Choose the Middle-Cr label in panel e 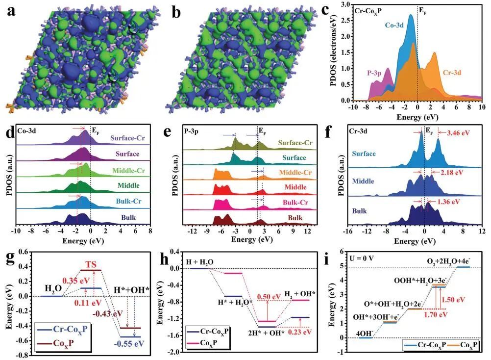click(x=294, y=173)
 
